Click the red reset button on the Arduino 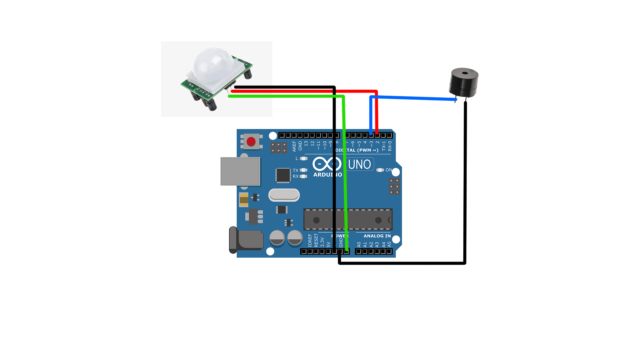(x=251, y=142)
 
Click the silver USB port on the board (x=240, y=171)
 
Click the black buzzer (x=464, y=83)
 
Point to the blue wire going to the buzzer (x=413, y=98)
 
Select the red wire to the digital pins (x=300, y=91)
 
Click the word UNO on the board (x=359, y=164)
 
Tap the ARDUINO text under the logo (x=327, y=175)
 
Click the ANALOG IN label (x=377, y=236)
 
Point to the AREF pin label (x=294, y=146)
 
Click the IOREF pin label (x=310, y=240)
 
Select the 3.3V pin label (x=322, y=242)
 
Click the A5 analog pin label (x=389, y=244)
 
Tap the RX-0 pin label (x=390, y=146)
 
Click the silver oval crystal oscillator (x=284, y=195)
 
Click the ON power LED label (x=389, y=170)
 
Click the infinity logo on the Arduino (x=327, y=164)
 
